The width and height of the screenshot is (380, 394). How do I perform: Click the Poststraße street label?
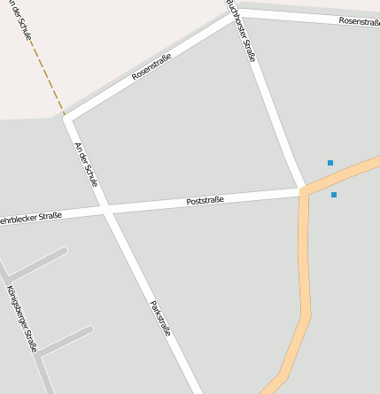pyautogui.click(x=205, y=201)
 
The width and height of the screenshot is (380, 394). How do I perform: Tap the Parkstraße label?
pyautogui.click(x=160, y=320)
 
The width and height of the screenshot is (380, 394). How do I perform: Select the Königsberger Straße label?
pyautogui.click(x=21, y=318)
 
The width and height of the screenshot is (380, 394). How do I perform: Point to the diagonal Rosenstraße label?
pyautogui.click(x=151, y=66)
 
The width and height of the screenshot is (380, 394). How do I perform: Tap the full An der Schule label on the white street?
pyautogui.click(x=86, y=164)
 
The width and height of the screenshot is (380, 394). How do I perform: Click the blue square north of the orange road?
pyautogui.click(x=330, y=163)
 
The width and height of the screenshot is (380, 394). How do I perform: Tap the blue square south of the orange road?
pyautogui.click(x=334, y=195)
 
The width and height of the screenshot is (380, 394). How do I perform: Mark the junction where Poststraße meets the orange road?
pyautogui.click(x=303, y=189)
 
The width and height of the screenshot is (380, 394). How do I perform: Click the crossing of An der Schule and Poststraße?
pyautogui.click(x=107, y=211)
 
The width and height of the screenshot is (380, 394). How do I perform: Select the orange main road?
pyautogui.click(x=306, y=266)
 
